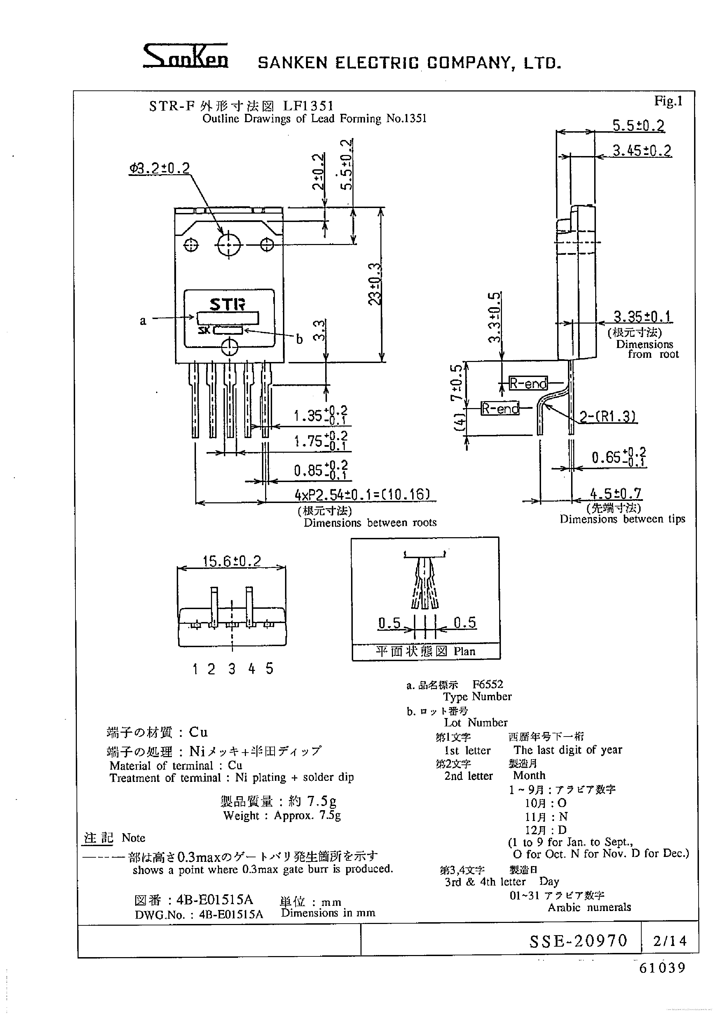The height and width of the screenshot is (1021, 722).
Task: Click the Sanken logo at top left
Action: pyautogui.click(x=185, y=57)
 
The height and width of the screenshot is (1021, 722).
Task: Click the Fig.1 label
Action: pyautogui.click(x=668, y=101)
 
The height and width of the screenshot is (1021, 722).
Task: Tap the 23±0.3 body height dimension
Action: pyautogui.click(x=375, y=284)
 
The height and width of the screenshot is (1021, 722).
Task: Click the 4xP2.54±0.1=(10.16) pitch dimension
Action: pyautogui.click(x=363, y=495)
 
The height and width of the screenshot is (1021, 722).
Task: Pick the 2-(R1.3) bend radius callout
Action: pyautogui.click(x=608, y=417)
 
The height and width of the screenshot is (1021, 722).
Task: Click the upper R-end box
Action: pyautogui.click(x=528, y=383)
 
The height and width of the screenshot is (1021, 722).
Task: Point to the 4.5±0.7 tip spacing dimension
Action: pyautogui.click(x=616, y=494)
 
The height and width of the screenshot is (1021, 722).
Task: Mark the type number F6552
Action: pyautogui.click(x=488, y=685)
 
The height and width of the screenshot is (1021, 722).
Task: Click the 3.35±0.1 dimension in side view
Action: pyautogui.click(x=642, y=317)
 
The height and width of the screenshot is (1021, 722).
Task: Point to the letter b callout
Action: pyautogui.click(x=299, y=339)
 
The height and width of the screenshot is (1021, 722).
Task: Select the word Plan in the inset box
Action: pyautogui.click(x=465, y=651)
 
